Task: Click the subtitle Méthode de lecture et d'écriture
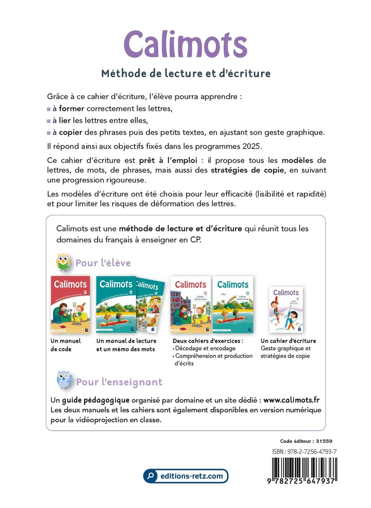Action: (x=185, y=73)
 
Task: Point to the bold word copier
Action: (x=70, y=132)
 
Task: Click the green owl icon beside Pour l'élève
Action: (x=63, y=262)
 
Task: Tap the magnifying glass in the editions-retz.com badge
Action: (x=150, y=476)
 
